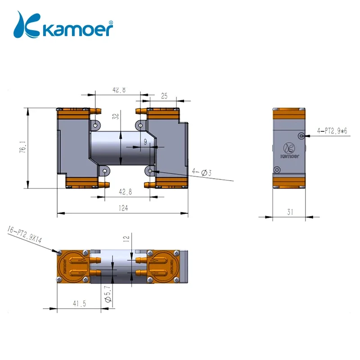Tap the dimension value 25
click(164, 96)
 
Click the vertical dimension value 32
click(116, 117)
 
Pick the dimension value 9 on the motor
click(145, 141)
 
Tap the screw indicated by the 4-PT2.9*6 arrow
click(301, 135)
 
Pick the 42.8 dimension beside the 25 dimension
click(119, 90)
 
